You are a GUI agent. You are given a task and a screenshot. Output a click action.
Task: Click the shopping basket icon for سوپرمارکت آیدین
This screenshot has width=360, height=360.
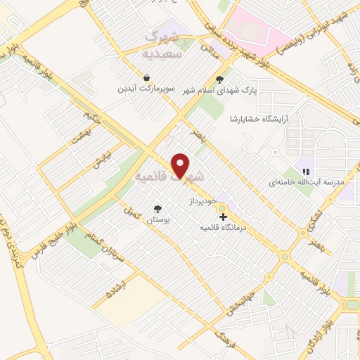(x=145, y=78)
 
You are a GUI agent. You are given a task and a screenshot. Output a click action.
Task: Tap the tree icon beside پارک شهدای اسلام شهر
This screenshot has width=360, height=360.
(x=220, y=79)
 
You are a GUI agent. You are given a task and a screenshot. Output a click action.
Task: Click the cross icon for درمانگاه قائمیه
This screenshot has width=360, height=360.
(x=224, y=217)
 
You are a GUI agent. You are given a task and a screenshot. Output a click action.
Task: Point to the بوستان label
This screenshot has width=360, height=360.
(x=158, y=220)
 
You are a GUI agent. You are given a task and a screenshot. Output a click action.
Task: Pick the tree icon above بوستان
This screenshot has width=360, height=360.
(x=158, y=209)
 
